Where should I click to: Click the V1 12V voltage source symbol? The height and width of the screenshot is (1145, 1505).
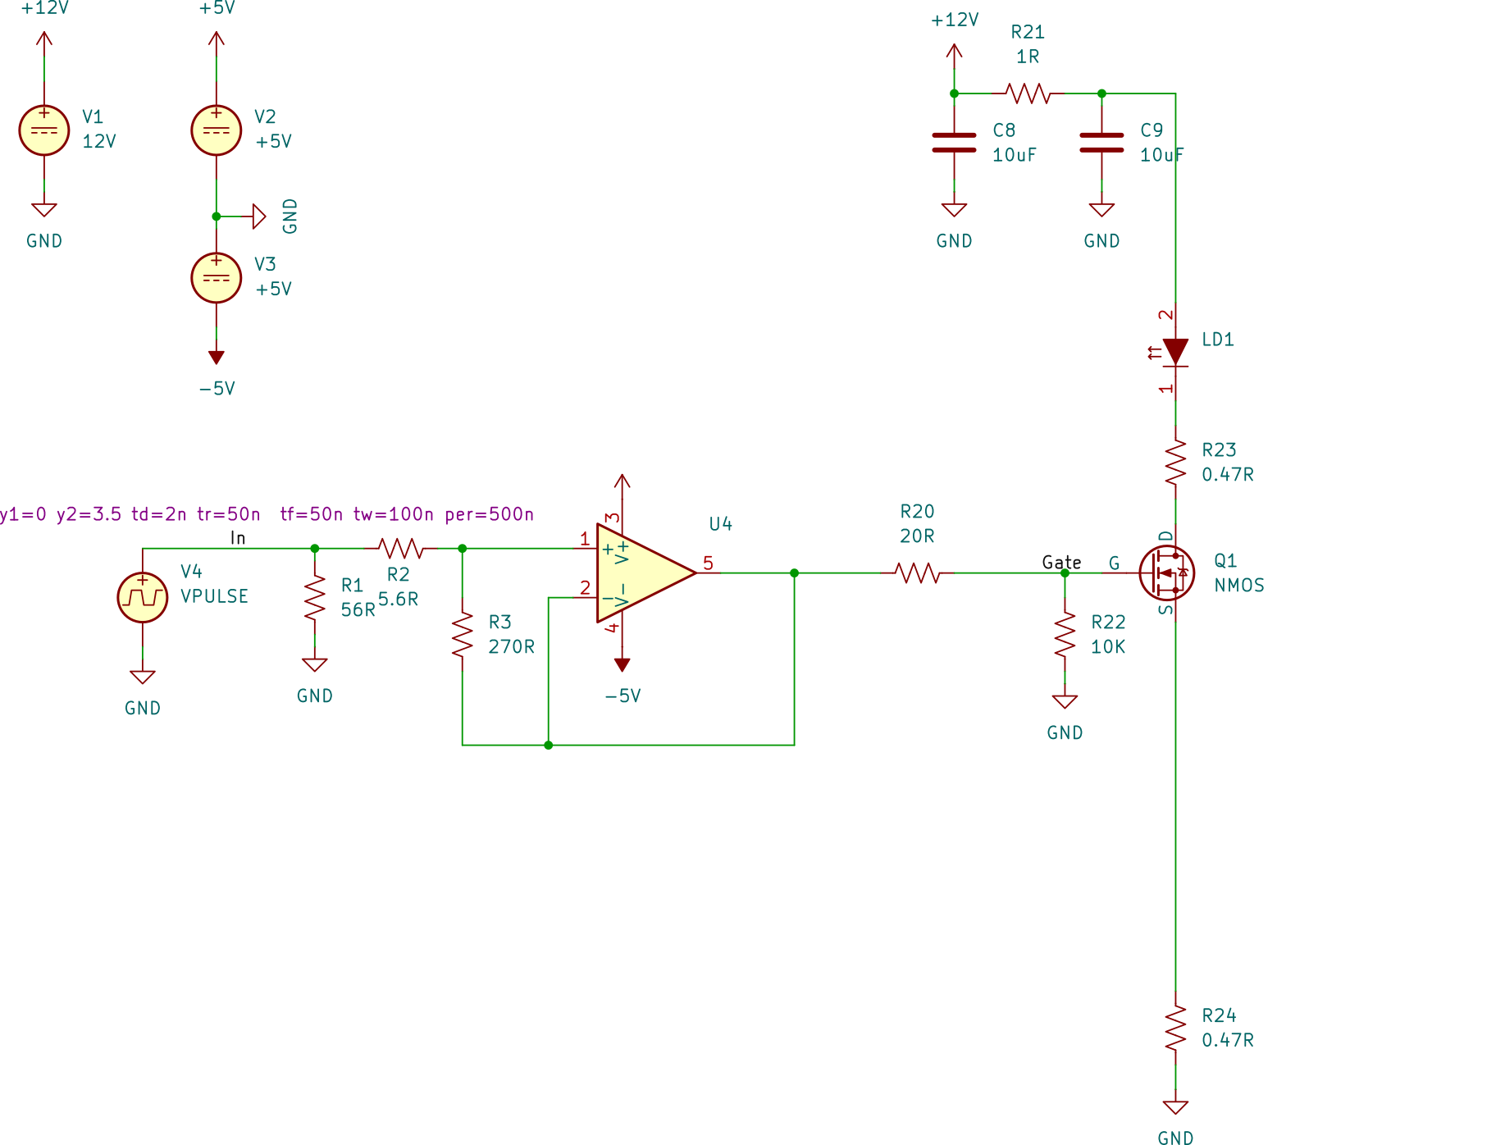(x=44, y=130)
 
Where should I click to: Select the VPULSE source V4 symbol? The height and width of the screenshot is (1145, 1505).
(x=143, y=597)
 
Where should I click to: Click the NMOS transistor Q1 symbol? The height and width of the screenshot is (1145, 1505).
(x=1166, y=572)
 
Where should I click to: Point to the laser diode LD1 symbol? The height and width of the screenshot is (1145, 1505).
(x=1175, y=351)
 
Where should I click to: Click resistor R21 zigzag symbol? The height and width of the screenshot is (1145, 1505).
(x=1028, y=94)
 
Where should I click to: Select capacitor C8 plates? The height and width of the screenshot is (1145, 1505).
(x=954, y=143)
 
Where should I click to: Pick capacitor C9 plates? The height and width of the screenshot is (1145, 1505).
(x=1101, y=143)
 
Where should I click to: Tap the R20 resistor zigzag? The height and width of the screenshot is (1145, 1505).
(x=917, y=572)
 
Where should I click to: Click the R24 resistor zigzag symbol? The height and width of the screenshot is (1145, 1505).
(x=1175, y=1028)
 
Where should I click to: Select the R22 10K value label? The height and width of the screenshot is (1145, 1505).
(x=1107, y=646)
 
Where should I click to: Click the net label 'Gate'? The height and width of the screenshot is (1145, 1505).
(x=1061, y=562)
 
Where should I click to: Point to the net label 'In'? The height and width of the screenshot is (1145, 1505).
(x=238, y=537)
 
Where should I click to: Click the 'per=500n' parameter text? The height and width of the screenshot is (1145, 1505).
(x=489, y=514)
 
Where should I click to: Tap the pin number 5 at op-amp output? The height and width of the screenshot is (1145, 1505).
(x=708, y=563)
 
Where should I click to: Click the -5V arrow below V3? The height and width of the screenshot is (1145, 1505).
(x=217, y=357)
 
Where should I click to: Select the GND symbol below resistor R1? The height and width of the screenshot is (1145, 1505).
(x=314, y=664)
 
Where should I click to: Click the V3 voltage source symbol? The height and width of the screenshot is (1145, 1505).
(x=217, y=278)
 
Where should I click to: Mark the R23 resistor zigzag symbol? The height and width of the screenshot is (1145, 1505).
(x=1175, y=462)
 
